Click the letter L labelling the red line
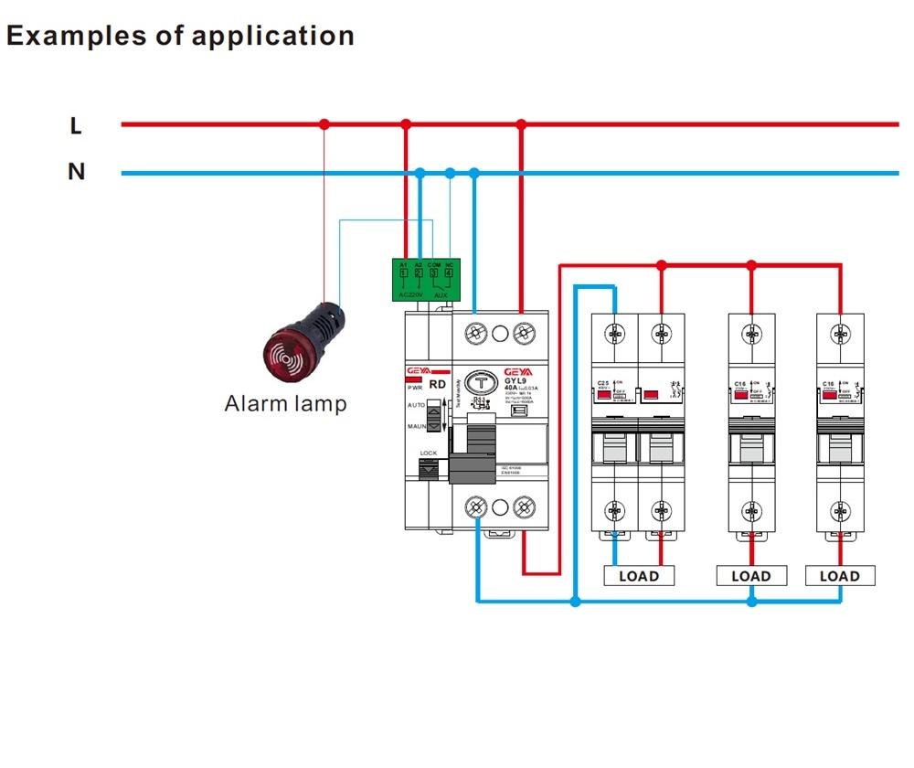(76, 125)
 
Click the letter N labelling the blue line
(76, 172)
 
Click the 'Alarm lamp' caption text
(285, 403)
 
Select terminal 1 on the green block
(404, 272)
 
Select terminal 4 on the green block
(448, 272)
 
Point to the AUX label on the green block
(441, 294)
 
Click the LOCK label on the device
(428, 453)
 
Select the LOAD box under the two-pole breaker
(638, 576)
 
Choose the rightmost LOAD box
(839, 576)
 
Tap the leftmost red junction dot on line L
(323, 124)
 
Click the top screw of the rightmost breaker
(840, 335)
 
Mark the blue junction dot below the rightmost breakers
(751, 601)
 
